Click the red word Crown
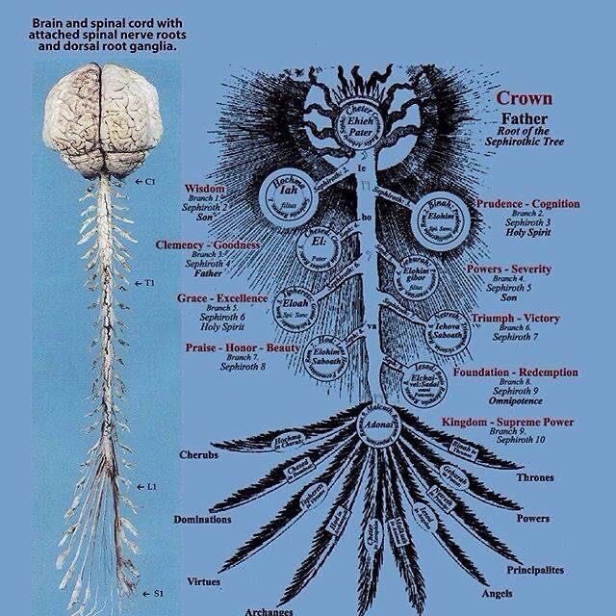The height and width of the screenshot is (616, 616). pos(525,99)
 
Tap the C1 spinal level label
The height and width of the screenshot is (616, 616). pos(149,181)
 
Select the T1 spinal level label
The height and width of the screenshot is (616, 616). pos(149,283)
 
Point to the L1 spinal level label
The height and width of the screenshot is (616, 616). pos(151,487)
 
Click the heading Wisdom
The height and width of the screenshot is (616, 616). pos(203,189)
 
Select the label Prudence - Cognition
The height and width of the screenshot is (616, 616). pos(527,203)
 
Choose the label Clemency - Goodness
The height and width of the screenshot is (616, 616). pos(207,245)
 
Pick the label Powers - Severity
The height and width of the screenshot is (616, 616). pos(508,269)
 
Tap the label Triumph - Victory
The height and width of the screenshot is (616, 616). pos(515,319)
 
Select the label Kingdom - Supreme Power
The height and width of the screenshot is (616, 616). pos(507,423)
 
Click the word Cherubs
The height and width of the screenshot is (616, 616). pos(197,453)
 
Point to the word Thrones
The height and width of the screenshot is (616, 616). pos(535,476)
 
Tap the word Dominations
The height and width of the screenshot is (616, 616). pos(202,519)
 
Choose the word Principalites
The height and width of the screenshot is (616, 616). pos(535,570)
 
